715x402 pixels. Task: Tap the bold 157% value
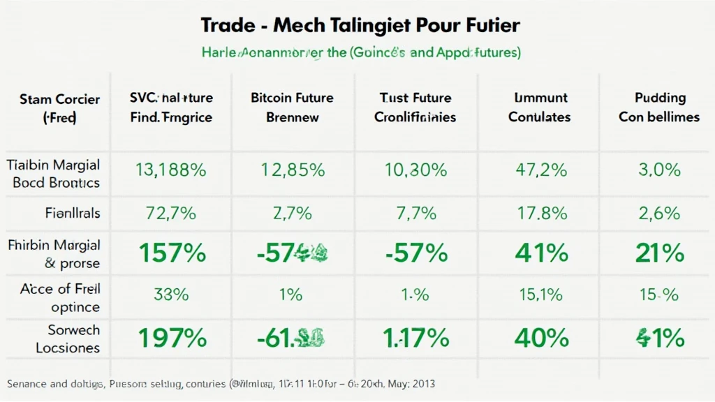(x=172, y=253)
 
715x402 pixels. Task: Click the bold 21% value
(x=658, y=253)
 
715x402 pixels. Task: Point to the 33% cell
(x=172, y=295)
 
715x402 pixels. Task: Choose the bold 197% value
(x=172, y=338)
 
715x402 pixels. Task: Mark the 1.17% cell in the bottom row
(x=415, y=338)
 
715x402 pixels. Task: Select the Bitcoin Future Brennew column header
(x=292, y=107)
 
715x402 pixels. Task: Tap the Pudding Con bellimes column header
(x=658, y=107)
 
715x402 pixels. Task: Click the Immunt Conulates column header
(x=539, y=107)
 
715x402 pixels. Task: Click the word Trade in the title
(x=228, y=27)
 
